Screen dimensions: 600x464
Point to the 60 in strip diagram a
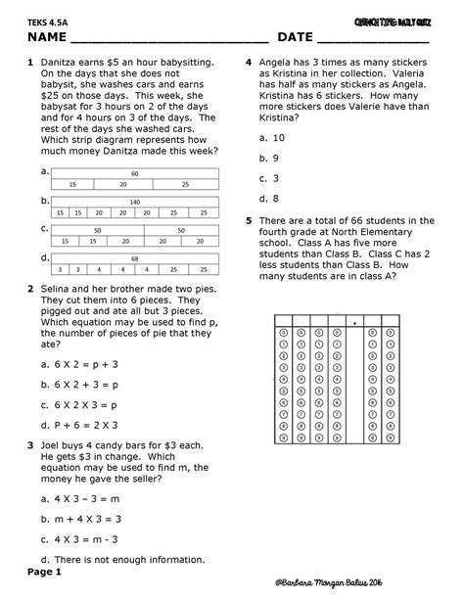point(135,173)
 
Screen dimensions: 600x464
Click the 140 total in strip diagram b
point(135,202)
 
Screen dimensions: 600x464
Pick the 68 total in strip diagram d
point(135,258)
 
